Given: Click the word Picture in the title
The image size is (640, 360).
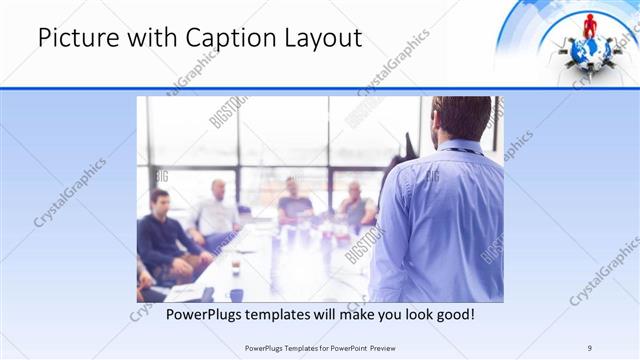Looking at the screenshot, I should tap(77, 39).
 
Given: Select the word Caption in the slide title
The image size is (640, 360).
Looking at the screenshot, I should tap(227, 39).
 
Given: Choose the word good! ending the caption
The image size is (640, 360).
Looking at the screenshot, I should tap(450, 314).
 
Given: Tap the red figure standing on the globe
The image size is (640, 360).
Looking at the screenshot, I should tap(590, 25).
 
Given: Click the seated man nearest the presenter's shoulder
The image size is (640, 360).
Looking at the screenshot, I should tap(355, 205).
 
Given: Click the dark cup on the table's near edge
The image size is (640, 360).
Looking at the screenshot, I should tap(236, 294).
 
